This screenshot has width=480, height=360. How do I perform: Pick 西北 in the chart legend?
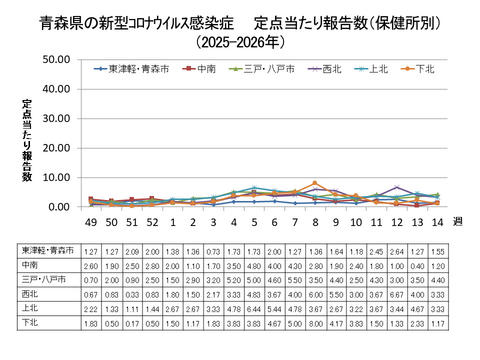[331, 68]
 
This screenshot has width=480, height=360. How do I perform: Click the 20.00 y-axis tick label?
[52, 147]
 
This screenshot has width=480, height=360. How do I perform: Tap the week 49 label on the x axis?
[90, 219]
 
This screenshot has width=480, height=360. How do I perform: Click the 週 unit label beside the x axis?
[458, 219]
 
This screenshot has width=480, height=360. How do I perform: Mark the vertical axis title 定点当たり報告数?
[28, 140]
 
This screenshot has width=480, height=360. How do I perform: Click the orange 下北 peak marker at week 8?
[315, 183]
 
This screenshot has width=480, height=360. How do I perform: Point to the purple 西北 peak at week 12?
[397, 187]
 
